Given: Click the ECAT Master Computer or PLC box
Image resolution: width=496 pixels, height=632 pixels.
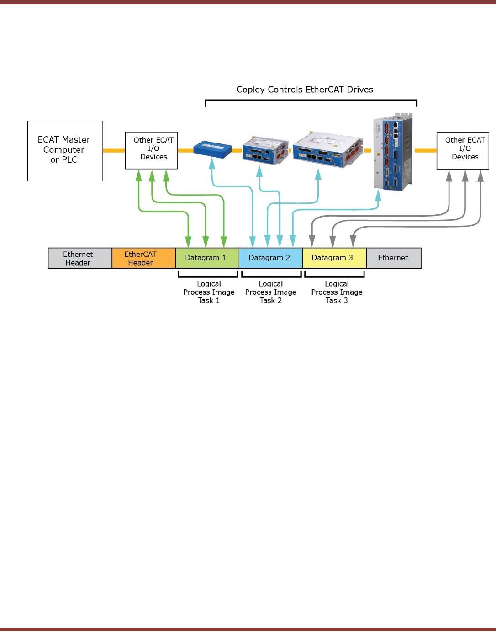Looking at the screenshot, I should [x=65, y=150].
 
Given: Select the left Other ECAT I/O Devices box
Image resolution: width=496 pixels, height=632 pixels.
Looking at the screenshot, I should [x=151, y=150].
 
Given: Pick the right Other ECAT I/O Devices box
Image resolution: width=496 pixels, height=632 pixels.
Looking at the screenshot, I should [x=463, y=150].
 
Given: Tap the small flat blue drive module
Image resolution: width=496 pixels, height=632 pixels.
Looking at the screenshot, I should [x=212, y=149].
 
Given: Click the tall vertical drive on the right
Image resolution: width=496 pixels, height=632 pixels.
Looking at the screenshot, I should [x=392, y=152].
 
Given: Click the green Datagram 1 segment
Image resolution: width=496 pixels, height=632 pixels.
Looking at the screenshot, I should [x=207, y=258].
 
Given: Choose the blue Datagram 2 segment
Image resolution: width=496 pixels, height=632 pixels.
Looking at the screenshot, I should [x=270, y=258].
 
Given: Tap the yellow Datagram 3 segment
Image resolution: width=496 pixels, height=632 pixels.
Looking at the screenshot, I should [x=334, y=258].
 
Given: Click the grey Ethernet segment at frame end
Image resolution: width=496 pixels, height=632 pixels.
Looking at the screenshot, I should [x=393, y=258].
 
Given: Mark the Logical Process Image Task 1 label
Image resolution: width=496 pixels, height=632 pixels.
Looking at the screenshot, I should [x=209, y=292].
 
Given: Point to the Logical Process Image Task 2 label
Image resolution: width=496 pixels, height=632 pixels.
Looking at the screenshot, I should [x=271, y=292].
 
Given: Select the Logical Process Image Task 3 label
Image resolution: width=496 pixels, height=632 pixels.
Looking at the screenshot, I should [x=337, y=292].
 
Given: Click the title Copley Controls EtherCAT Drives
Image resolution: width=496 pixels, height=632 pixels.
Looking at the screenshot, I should [x=305, y=90].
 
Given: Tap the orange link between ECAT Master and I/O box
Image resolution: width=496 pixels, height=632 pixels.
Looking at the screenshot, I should [x=114, y=150].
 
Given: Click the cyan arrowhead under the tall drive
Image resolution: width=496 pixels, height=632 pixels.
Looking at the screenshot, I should [x=378, y=196].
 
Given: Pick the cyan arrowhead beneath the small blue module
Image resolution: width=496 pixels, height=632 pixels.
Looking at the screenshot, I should [x=212, y=163].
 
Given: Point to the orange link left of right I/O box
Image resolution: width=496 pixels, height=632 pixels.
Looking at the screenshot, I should [x=425, y=150].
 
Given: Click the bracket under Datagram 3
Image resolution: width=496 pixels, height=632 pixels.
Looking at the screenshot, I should [x=334, y=276].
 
